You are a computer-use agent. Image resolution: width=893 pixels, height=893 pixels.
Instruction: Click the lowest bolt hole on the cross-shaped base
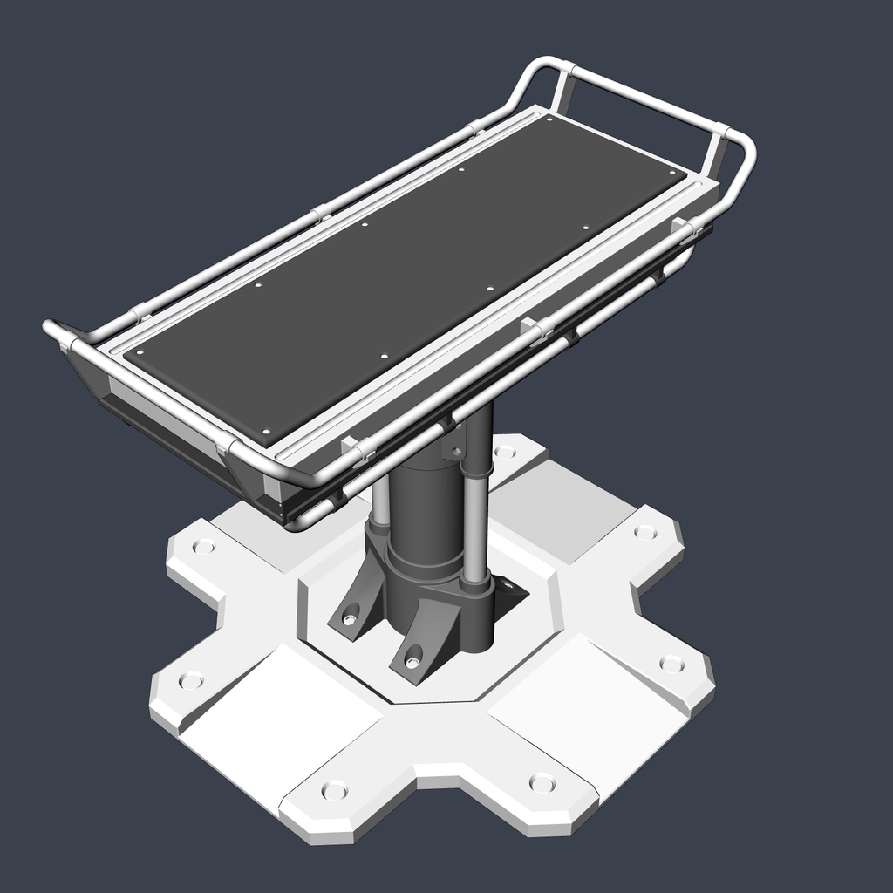click(x=334, y=790)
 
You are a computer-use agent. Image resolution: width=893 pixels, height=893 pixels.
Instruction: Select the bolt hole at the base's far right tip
click(x=671, y=664)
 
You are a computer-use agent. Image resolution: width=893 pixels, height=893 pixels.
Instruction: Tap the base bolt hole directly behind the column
click(x=504, y=452)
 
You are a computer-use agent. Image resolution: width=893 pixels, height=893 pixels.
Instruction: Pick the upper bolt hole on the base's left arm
click(x=203, y=547)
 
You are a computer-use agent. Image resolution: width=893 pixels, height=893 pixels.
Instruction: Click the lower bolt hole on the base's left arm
click(x=190, y=679)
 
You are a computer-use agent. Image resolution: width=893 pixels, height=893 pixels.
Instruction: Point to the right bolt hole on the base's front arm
click(x=542, y=782)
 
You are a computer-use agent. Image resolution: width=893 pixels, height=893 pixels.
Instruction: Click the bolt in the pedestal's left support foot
click(x=350, y=618)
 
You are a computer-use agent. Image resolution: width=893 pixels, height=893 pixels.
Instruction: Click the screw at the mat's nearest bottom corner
click(x=267, y=430)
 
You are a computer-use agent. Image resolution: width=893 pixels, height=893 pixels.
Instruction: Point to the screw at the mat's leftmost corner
click(x=140, y=352)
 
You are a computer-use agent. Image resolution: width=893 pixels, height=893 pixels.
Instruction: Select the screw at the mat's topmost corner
click(x=549, y=119)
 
